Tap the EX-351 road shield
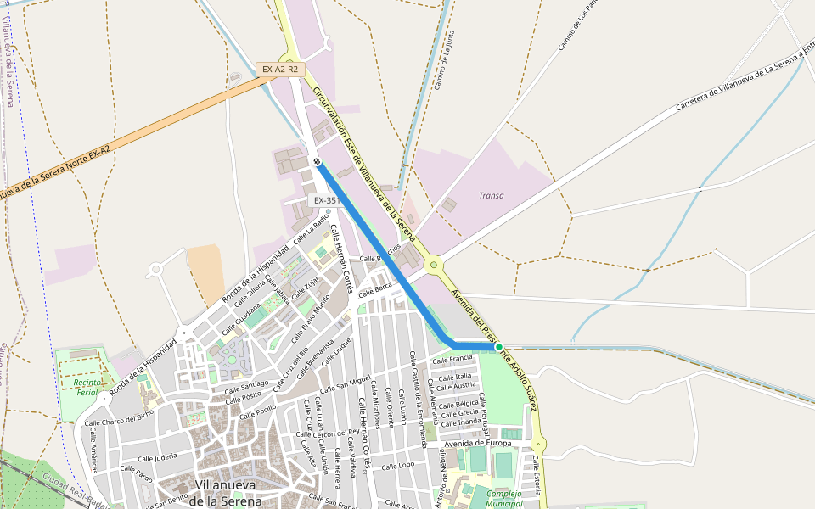pos(327,200)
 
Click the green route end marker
pos(498,346)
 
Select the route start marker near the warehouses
pos(316,161)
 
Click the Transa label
pos(491,195)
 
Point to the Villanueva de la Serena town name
pos(225,492)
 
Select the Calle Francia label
pos(452,359)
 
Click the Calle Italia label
pos(457,376)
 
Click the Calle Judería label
pos(154,456)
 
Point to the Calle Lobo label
pos(397,465)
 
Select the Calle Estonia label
pos(537,475)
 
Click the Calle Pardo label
pos(136,473)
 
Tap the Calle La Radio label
pos(311,229)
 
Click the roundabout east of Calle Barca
pos(434,266)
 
